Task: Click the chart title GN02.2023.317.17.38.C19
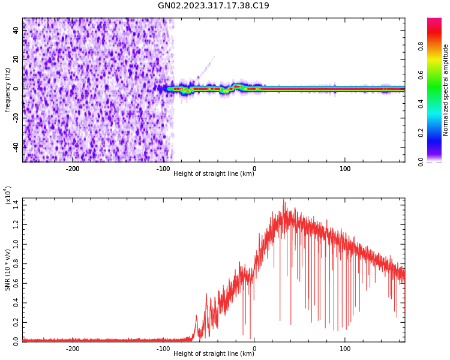point(213,6)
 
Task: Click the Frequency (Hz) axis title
point(8,90)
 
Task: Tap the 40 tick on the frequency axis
point(16,31)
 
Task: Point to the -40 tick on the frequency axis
point(15,147)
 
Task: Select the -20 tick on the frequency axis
point(15,118)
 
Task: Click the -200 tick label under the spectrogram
point(72,169)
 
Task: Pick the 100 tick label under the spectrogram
point(345,169)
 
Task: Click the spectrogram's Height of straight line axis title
point(213,174)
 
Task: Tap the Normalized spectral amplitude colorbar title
point(446,90)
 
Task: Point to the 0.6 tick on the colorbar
point(421,75)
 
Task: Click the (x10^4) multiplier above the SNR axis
point(8,196)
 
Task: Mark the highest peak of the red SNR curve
point(284,200)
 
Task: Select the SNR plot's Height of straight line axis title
point(213,354)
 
